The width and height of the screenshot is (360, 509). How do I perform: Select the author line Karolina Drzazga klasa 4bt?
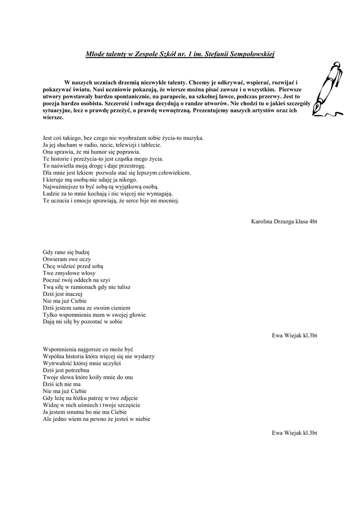(x=284, y=221)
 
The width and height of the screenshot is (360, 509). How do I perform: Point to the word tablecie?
(x=150, y=145)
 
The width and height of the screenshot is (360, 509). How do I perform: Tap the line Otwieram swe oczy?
(x=67, y=259)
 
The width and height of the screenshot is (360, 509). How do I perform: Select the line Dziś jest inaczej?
(x=64, y=294)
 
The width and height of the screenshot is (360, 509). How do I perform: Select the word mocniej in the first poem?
(x=169, y=201)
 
